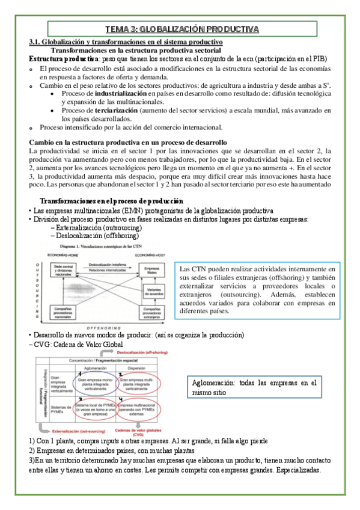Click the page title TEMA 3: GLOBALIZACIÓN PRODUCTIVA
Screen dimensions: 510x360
[x=182, y=29]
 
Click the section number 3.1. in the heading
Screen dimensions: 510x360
[x=38, y=41]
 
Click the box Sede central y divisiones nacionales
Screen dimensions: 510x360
[x=67, y=269]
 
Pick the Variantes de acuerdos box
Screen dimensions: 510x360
[x=154, y=293]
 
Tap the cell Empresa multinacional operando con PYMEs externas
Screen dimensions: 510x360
[x=138, y=410]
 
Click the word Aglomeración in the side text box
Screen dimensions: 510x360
[x=213, y=382]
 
